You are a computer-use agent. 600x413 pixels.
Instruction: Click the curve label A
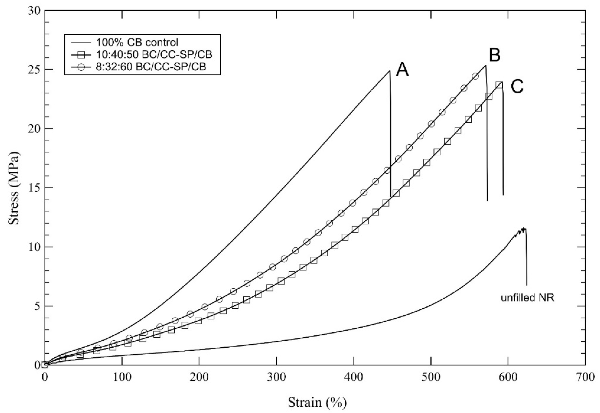pos(402,70)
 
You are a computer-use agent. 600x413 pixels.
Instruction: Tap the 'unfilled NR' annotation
pos(527,298)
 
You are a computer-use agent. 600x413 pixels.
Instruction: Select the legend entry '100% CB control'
pos(137,42)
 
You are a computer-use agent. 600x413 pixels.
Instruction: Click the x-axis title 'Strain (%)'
pos(317,402)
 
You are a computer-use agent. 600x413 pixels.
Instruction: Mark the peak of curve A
pos(390,71)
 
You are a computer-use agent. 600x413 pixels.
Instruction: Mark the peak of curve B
pos(485,65)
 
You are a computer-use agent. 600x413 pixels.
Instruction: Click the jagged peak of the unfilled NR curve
pos(524,229)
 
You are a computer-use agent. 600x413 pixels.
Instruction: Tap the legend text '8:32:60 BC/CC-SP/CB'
pos(151,67)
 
